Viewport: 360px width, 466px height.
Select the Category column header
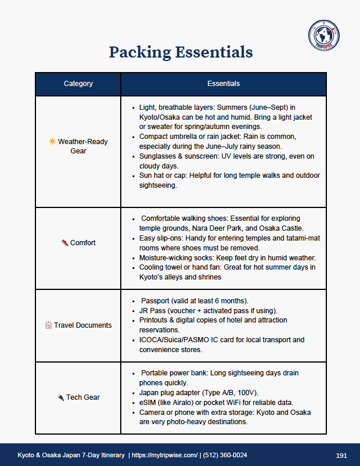pyautogui.click(x=78, y=84)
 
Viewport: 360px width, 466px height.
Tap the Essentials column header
pyautogui.click(x=224, y=84)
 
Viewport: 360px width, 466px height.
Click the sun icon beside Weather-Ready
pyautogui.click(x=52, y=141)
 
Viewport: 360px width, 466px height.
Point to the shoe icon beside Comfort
pyautogui.click(x=64, y=243)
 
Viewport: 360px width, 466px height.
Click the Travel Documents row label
pyautogui.click(x=82, y=325)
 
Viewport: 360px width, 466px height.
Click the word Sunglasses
pyautogui.click(x=159, y=156)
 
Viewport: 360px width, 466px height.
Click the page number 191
pyautogui.click(x=341, y=454)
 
